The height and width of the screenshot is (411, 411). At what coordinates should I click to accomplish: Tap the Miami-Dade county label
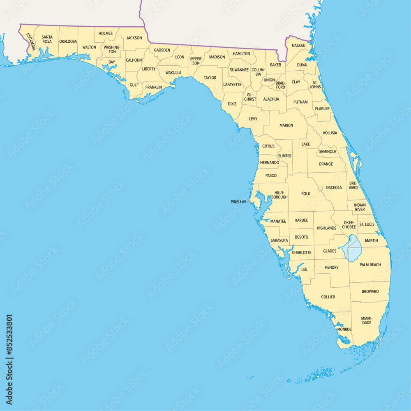pos(367,320)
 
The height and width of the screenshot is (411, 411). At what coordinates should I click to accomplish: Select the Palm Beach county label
pos(370,265)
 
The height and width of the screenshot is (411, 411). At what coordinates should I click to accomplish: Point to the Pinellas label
pos(238,202)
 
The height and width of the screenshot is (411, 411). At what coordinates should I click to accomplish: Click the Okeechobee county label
pos(349,224)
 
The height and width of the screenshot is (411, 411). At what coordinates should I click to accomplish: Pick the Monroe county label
pos(344,329)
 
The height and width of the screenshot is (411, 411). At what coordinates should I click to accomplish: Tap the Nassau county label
pos(298,45)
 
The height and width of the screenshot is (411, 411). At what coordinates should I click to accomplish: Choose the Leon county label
pos(180,57)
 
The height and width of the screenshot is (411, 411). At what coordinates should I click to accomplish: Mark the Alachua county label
pos(271,99)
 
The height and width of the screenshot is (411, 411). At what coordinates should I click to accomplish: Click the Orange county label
pos(326,164)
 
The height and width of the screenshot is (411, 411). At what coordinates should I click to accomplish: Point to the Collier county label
pos(328,297)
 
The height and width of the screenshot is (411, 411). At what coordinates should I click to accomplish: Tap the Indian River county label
pos(360,207)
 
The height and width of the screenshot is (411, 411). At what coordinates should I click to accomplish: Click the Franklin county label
pos(153,87)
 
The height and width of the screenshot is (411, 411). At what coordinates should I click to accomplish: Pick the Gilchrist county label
pos(250,97)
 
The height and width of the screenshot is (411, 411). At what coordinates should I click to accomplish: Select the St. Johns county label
pos(315,84)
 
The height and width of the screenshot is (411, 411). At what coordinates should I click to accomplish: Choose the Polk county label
pos(306,194)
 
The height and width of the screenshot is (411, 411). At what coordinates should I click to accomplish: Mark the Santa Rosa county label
pos(47,39)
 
